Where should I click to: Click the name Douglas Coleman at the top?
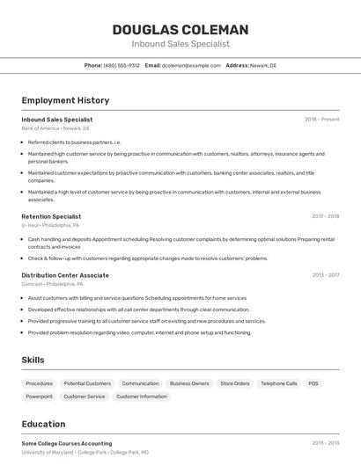[180, 30]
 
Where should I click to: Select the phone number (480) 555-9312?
[122, 65]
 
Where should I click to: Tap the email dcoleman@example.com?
[191, 65]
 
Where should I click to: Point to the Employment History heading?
[65, 100]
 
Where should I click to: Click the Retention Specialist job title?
[51, 216]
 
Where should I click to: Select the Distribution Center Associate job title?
[65, 275]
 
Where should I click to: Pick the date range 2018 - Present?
[322, 120]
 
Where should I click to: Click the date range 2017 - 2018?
[326, 216]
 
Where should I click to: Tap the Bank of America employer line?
[55, 127]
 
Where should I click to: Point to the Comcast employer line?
[53, 284]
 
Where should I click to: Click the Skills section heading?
[33, 360]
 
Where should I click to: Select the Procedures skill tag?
[40, 383]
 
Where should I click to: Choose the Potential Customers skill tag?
[87, 383]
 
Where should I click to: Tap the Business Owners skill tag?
[189, 383]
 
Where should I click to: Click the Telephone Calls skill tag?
[279, 383]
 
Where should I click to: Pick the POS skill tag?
[313, 383]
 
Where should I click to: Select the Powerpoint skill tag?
[40, 397]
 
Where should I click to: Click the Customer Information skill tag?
[141, 397]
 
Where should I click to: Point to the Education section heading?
[43, 424]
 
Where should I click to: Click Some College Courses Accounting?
[67, 443]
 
